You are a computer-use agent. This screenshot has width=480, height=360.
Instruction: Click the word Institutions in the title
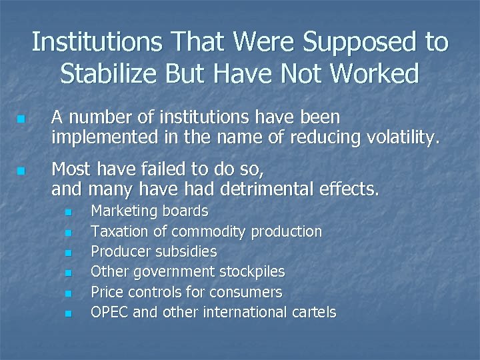pyautogui.click(x=94, y=43)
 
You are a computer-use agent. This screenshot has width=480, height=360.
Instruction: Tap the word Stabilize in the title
pyautogui.click(x=114, y=73)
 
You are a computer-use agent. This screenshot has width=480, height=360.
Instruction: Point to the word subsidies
pyautogui.click(x=186, y=252)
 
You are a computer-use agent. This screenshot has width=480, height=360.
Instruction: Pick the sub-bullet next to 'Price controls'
pyautogui.click(x=69, y=293)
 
